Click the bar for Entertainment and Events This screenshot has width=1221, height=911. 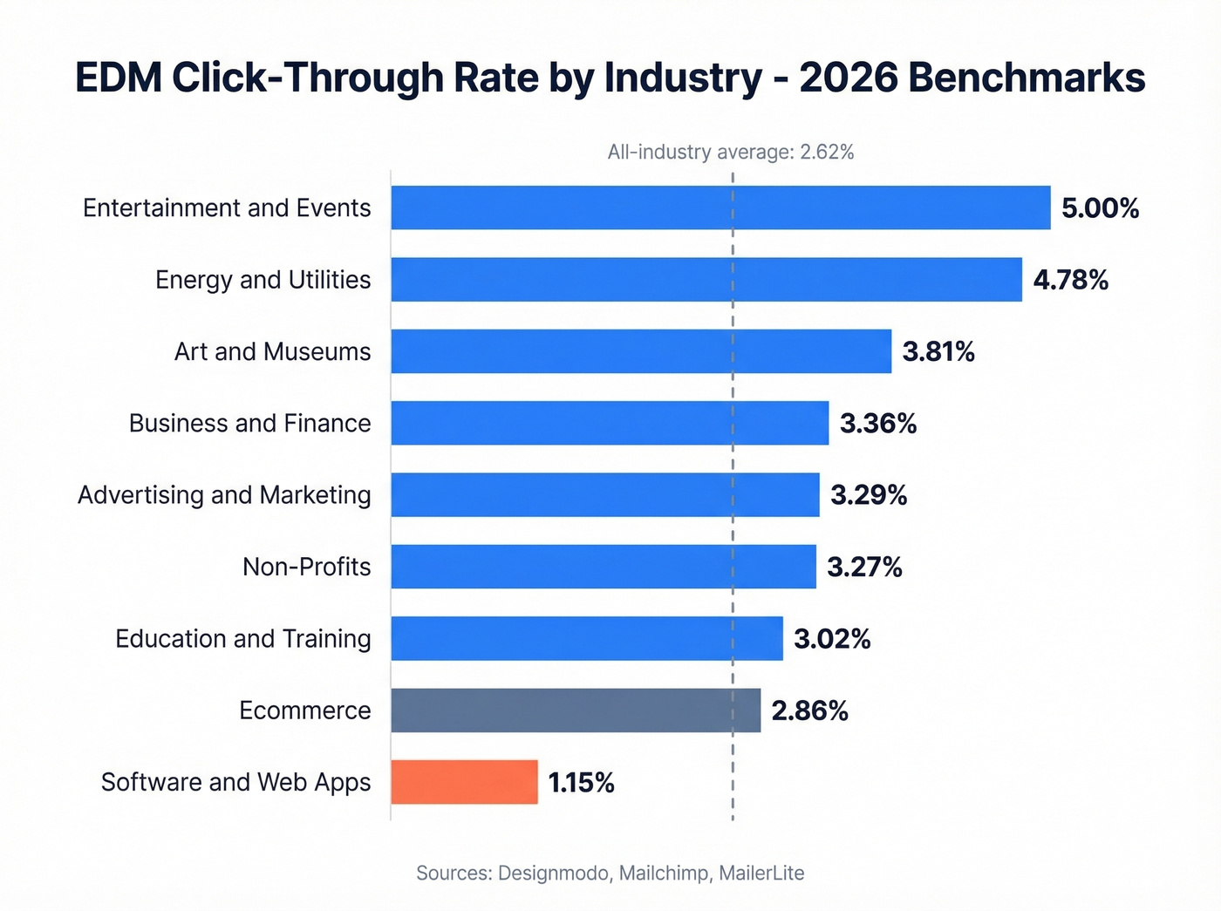coord(720,207)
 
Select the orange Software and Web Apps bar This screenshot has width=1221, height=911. coord(464,782)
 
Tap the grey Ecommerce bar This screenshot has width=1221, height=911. coord(576,710)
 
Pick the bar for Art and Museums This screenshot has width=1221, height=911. coord(641,351)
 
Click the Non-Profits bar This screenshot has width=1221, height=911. coord(604,567)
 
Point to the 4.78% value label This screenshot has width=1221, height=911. coord(1070,280)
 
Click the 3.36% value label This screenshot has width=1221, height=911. coord(877,424)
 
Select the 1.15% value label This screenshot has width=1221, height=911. coord(581,783)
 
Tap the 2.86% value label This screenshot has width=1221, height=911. coord(809,711)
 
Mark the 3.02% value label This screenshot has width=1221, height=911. coord(832,639)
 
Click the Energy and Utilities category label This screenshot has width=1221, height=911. coord(263,280)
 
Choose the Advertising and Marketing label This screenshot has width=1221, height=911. coord(224,495)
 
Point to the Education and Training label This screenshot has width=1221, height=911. coord(242,639)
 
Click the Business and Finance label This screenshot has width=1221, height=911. coord(249,424)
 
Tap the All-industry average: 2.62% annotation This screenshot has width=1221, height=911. coord(730,153)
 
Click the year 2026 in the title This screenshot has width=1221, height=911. coord(848,78)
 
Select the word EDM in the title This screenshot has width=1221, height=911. coord(119,78)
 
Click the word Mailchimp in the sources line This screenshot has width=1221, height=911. coord(664,873)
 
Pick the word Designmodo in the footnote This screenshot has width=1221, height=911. coord(553,873)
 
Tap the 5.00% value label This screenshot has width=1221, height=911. coord(1100,208)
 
